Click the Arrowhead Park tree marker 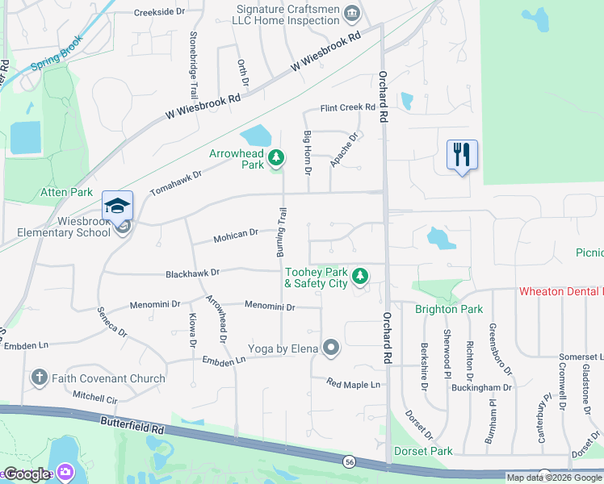276,157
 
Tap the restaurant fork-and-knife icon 462,154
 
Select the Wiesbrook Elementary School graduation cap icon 117,205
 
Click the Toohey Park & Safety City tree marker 360,277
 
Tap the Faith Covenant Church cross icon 39,378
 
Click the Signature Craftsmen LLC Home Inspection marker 352,13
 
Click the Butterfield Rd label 132,425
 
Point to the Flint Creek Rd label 348,107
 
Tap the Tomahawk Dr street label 175,183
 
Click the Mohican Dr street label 236,235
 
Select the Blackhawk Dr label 193,273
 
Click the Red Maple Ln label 353,384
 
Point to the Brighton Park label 448,309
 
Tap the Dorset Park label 423,451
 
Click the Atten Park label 67,193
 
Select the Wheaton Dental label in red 560,290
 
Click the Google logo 26,474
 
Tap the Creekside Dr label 159,13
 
